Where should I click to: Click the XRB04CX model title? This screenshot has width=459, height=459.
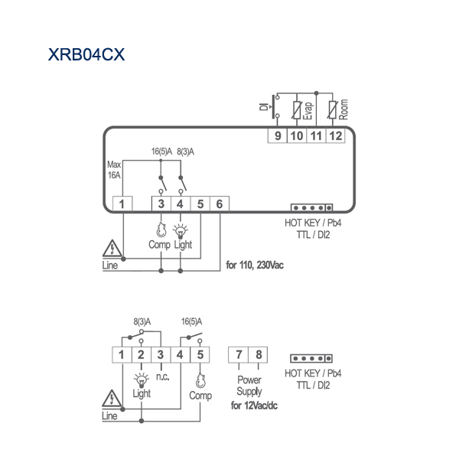86,54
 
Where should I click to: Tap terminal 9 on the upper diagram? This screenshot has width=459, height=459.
278,135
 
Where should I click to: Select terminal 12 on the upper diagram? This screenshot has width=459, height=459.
336,135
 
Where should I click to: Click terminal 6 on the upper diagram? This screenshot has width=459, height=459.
220,203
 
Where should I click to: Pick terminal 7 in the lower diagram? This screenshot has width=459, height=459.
238,355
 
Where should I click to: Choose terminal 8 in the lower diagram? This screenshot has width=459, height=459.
258,355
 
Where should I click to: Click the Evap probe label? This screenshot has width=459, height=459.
308,111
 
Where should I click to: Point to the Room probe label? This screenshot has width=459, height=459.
343,109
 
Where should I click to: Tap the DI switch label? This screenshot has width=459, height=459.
264,107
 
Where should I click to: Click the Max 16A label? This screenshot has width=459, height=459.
114,170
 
